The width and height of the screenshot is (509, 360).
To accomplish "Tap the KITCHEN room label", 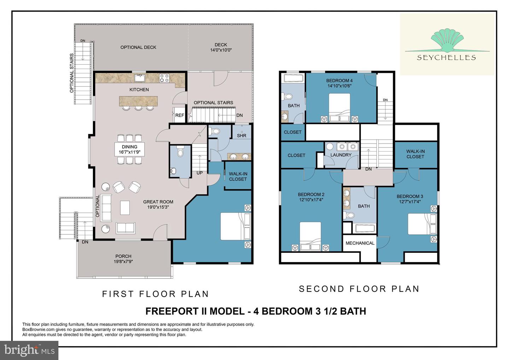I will (139, 89).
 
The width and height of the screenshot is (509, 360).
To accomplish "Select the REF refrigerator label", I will (180, 115).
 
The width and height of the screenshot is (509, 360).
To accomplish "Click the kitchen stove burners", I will (164, 78).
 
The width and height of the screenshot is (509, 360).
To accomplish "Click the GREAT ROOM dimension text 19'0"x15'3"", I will (158, 207).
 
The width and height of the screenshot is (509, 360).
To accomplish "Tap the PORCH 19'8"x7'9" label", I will (123, 259).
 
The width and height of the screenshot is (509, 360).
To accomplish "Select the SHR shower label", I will (241, 135).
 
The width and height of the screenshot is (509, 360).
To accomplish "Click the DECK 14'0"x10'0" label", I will (221, 47).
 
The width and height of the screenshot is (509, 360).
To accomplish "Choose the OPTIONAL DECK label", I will (138, 47).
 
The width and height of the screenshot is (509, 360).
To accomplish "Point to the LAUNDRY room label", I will (341, 155).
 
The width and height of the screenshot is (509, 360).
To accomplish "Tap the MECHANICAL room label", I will (360, 243).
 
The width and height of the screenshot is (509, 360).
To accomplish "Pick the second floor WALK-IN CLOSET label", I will (415, 154).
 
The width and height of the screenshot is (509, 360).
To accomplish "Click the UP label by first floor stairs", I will (199, 173).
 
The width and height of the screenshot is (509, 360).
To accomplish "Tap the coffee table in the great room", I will (125, 208).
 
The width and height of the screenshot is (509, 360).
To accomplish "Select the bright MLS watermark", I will (29, 350).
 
